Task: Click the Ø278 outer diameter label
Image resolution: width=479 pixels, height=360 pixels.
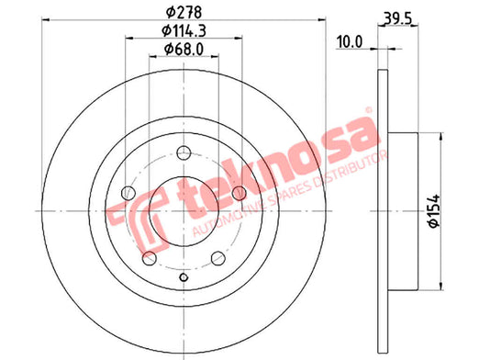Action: pyautogui.click(x=184, y=13)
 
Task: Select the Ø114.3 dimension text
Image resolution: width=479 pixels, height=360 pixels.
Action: pyautogui.click(x=184, y=30)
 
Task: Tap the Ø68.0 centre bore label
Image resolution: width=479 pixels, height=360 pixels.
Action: pyautogui.click(x=184, y=49)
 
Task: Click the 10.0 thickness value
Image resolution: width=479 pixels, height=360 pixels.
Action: pyautogui.click(x=350, y=42)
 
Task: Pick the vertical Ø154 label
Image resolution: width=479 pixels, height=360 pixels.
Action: pyautogui.click(x=434, y=211)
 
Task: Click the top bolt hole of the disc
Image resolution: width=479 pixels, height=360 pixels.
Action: pyautogui.click(x=184, y=153)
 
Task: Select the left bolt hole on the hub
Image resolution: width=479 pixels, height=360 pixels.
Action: pyautogui.click(x=128, y=193)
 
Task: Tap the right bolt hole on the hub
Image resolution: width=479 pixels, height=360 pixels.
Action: pyautogui.click(x=239, y=193)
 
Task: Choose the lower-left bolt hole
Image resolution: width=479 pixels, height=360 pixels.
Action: pyautogui.click(x=150, y=258)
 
